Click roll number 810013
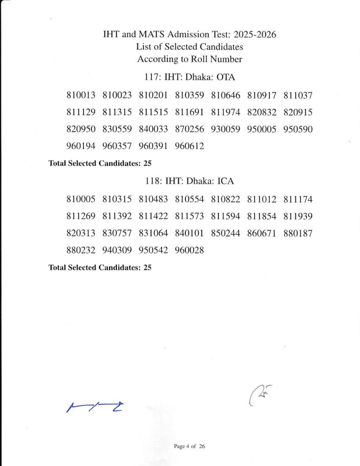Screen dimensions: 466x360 click(x=81, y=96)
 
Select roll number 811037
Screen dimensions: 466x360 click(x=298, y=96)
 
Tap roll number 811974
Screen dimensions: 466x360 click(x=225, y=113)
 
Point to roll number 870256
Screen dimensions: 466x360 click(x=190, y=130)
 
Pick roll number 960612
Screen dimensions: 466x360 click(x=190, y=146)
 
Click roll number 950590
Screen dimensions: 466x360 click(x=298, y=130)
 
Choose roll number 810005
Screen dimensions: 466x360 click(x=81, y=199)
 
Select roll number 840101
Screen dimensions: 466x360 click(x=190, y=233)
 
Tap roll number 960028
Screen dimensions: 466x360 click(x=190, y=250)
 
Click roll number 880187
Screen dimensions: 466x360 click(x=298, y=233)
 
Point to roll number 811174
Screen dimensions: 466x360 click(x=298, y=199)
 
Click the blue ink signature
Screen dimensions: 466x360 click(x=97, y=407)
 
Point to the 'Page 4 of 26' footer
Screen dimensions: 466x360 click(x=189, y=446)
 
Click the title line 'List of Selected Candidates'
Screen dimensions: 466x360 click(x=190, y=47)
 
